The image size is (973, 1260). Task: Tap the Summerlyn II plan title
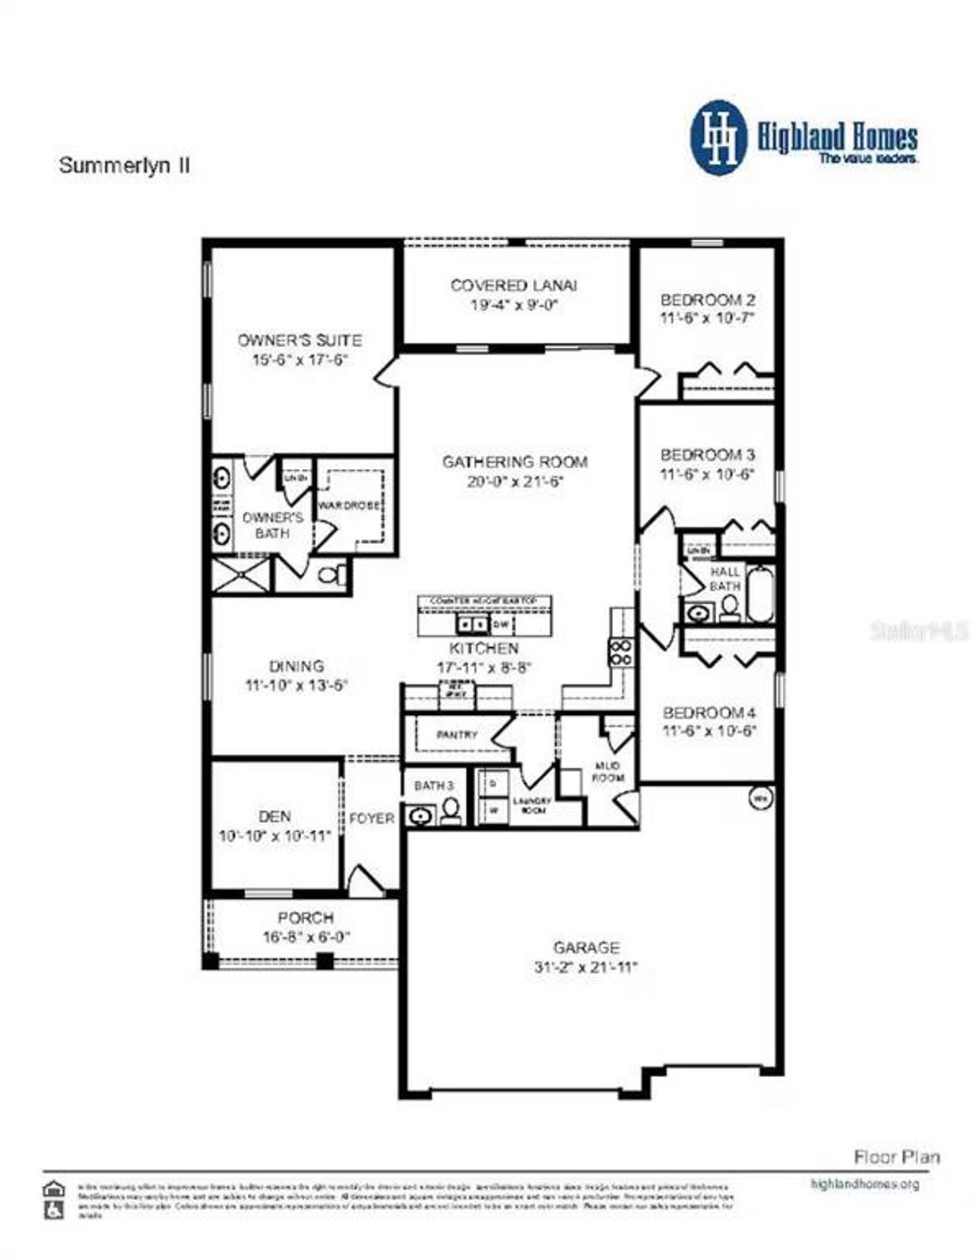[124, 166]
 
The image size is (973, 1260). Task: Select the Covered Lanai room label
[514, 286]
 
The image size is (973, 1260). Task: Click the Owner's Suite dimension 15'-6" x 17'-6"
[300, 359]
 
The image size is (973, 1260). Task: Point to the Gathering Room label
[515, 461]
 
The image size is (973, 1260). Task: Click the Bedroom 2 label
[707, 299]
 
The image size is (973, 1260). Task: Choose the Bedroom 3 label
[707, 455]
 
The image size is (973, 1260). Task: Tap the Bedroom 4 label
[708, 713]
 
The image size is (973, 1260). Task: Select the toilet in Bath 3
[451, 812]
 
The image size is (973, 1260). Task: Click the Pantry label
[457, 735]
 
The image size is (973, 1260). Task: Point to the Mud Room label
[608, 771]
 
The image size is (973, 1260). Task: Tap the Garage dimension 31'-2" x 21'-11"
[585, 967]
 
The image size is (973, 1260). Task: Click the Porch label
[306, 918]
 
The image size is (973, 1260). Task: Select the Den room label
[274, 816]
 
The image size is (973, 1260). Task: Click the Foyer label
[372, 818]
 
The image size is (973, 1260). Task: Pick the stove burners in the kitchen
[620, 652]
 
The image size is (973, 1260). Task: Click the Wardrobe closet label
[349, 505]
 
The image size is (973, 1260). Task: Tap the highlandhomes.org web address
[865, 1184]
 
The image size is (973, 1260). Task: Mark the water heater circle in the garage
[759, 799]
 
